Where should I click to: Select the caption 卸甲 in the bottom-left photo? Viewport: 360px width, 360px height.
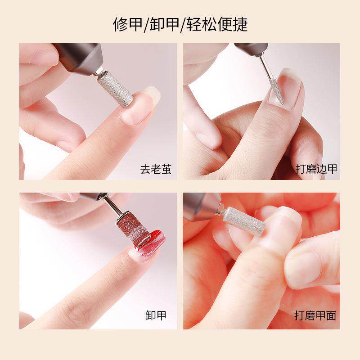(x=156, y=315)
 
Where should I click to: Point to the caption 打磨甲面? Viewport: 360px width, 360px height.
(x=315, y=315)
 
